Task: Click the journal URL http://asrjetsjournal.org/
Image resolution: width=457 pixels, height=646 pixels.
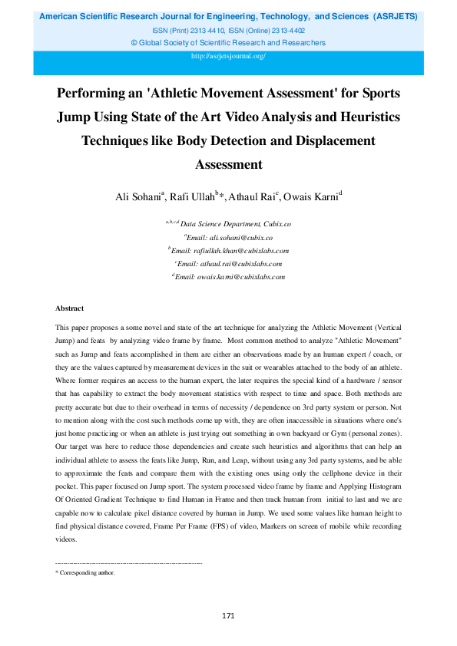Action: coord(228,57)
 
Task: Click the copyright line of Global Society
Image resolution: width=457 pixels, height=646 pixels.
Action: coord(228,43)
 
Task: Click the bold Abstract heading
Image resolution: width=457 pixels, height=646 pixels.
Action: coord(70,308)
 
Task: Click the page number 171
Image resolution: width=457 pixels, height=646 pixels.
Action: coord(228,615)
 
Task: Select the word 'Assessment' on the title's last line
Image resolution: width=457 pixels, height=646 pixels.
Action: coord(228,164)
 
